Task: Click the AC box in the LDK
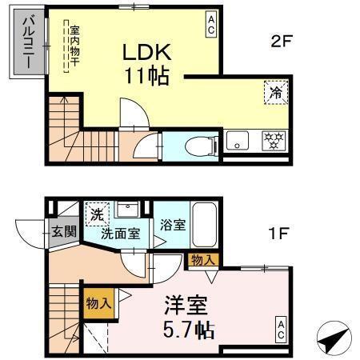(x=211, y=24)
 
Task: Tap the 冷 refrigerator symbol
(x=274, y=92)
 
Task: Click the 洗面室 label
(x=120, y=234)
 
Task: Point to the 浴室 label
(x=174, y=225)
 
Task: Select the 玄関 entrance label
(x=63, y=232)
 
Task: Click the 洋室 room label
(x=186, y=305)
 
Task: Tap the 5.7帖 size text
(x=190, y=328)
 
